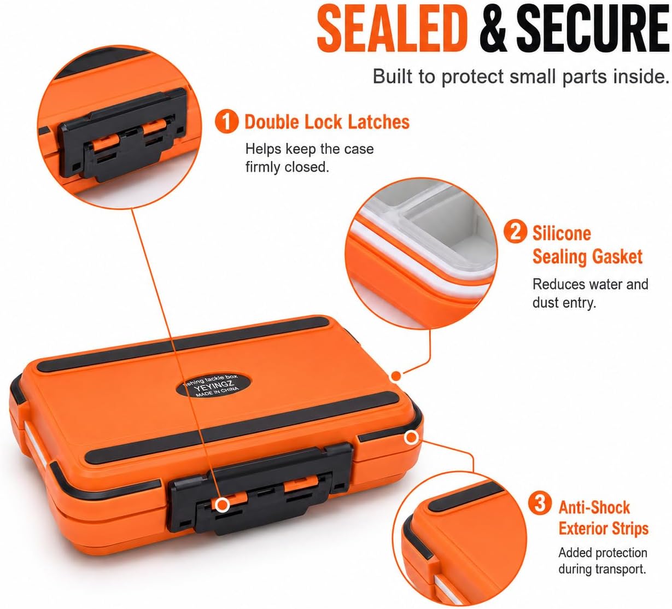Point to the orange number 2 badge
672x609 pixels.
pos(515,231)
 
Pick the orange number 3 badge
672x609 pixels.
pos(540,503)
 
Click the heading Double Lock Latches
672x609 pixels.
pos(327,121)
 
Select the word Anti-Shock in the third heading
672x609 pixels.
pos(594,507)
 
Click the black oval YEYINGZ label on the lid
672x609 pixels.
pos(214,387)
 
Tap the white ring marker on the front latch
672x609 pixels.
pos(222,505)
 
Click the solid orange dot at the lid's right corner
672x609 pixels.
pos(396,376)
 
